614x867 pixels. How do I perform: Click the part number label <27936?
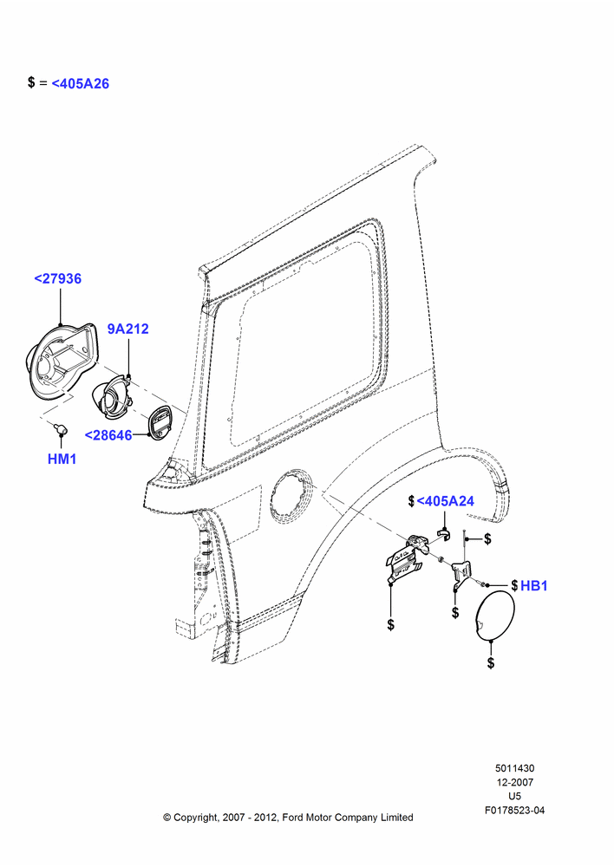(57, 278)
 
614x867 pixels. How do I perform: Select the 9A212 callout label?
(127, 329)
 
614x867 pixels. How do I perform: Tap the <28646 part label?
(108, 435)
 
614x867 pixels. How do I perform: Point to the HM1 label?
(62, 459)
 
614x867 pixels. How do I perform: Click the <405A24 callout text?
(445, 501)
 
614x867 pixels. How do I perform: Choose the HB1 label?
(534, 585)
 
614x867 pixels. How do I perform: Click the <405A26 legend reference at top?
(80, 83)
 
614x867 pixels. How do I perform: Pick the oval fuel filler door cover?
(495, 616)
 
